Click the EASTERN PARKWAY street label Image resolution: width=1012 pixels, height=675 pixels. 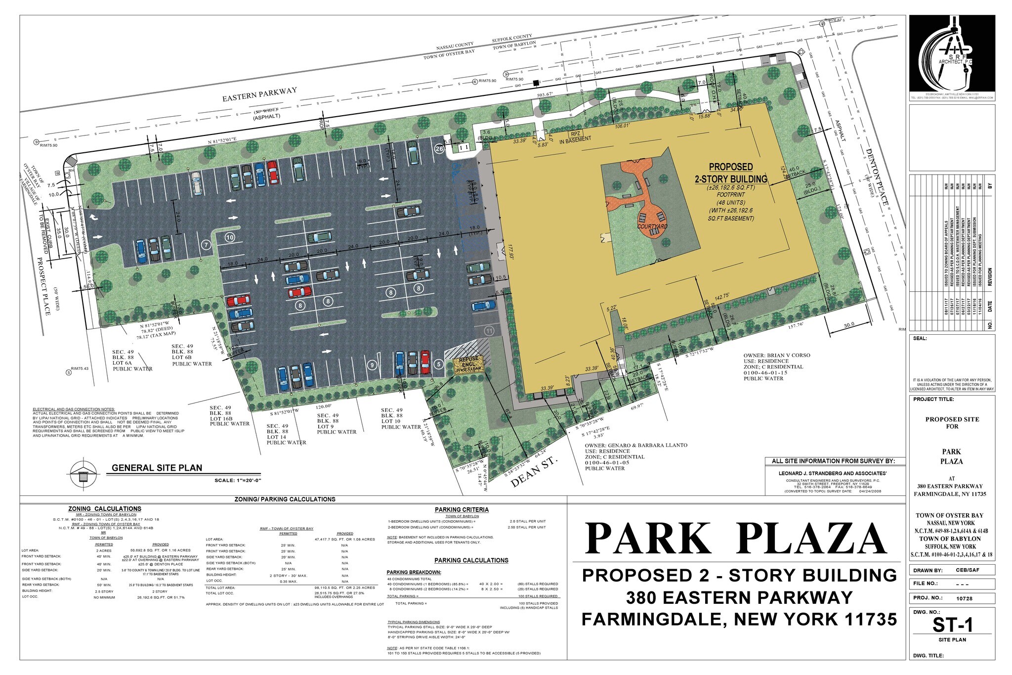259,94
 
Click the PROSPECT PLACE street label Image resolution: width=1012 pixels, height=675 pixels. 43,286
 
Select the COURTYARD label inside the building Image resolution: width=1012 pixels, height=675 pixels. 652,226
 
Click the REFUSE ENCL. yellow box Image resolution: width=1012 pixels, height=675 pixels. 469,364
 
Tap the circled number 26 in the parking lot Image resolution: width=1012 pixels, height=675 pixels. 439,148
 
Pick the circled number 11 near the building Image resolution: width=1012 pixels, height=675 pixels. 489,331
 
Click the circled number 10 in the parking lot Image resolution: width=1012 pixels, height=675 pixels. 229,237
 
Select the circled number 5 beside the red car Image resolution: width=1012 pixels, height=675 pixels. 438,365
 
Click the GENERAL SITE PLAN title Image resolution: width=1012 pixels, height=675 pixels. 157,468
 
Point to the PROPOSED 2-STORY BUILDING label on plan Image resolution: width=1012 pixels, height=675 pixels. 731,173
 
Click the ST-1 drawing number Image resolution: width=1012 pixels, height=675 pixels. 952,625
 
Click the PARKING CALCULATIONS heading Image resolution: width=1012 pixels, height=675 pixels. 471,560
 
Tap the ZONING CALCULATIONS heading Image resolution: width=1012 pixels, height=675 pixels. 105,509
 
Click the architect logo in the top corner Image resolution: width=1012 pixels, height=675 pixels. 952,52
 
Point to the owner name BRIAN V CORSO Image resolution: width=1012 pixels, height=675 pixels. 777,356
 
